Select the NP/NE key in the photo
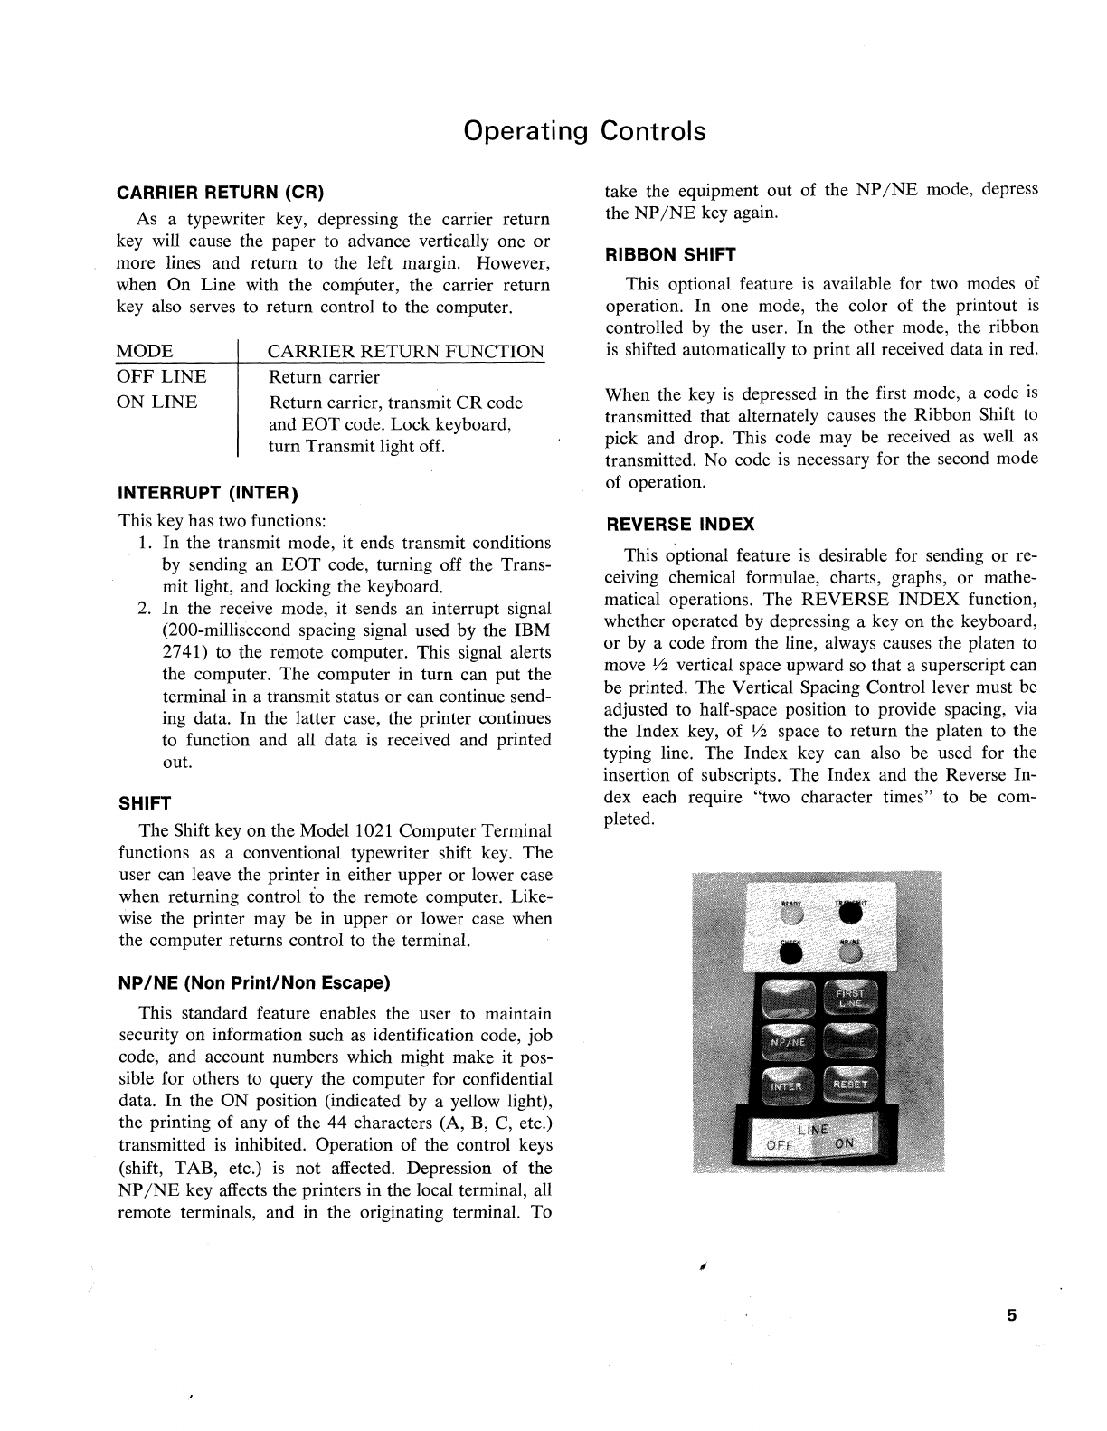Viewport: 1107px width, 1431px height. pos(789,1042)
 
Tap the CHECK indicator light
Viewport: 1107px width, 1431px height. pos(790,952)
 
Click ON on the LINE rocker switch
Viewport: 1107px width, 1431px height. pos(842,1142)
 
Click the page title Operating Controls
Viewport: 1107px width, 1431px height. pos(584,131)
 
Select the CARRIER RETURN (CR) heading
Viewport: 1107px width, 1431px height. pos(220,193)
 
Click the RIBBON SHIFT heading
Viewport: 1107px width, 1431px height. pos(670,254)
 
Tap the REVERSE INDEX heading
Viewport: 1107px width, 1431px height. pos(679,525)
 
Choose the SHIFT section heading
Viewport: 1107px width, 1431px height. pos(145,803)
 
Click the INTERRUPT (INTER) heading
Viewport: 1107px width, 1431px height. pos(208,494)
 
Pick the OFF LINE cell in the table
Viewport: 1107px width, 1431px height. pos(161,377)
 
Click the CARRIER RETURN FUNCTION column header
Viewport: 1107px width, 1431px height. pos(406,351)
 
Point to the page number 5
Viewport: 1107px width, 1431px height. pos(1012,1316)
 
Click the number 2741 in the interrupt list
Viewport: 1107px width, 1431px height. pos(184,652)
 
